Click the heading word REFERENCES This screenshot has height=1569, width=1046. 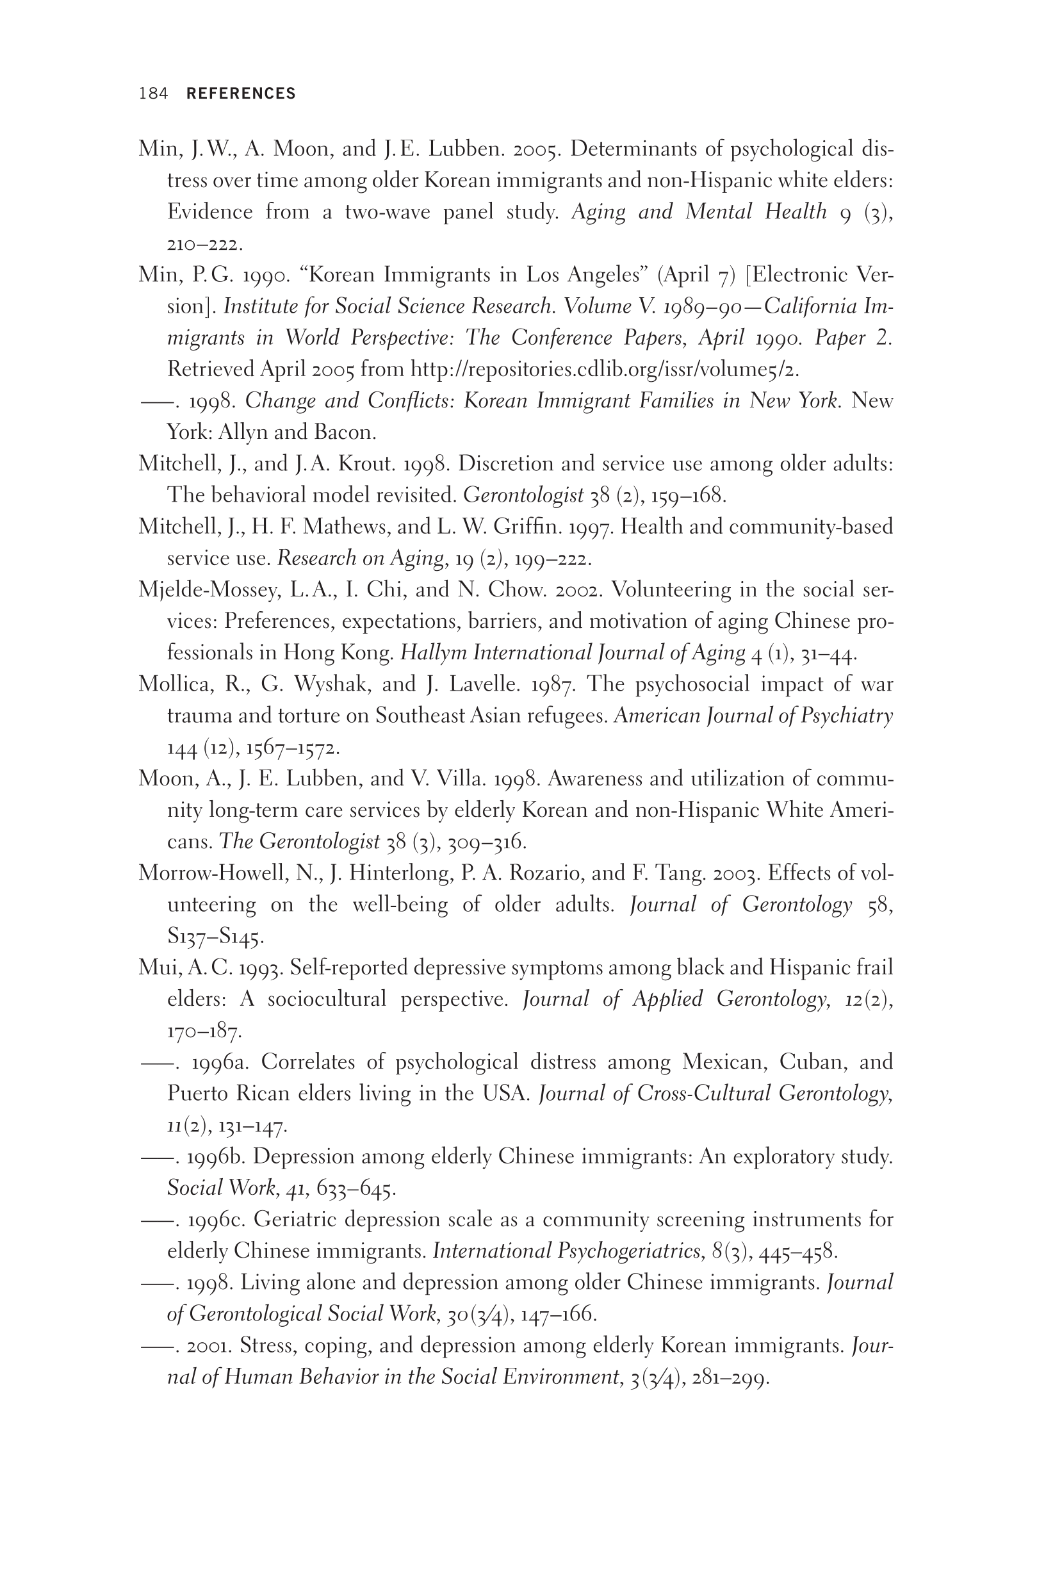pyautogui.click(x=241, y=94)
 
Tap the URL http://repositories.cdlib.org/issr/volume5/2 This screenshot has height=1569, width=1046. pyautogui.click(x=605, y=369)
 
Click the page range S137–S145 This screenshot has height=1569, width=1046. pyautogui.click(x=215, y=937)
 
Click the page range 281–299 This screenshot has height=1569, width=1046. pyautogui.click(x=731, y=1377)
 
